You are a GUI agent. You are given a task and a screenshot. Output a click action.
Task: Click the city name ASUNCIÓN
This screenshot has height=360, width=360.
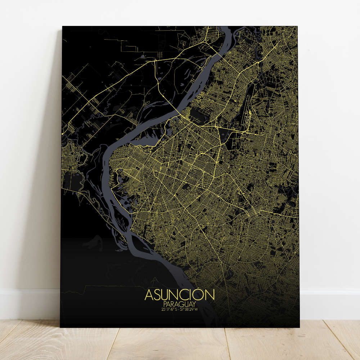[180, 295]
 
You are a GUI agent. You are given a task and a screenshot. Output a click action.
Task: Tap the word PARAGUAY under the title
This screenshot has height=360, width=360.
[180, 304]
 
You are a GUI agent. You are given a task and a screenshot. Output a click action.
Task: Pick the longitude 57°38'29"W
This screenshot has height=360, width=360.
[189, 309]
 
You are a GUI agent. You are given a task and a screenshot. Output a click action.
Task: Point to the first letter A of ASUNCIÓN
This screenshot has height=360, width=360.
[149, 295]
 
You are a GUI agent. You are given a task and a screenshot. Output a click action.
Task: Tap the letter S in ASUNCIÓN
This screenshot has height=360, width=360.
[158, 295]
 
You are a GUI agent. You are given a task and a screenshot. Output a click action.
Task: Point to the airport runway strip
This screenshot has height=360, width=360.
[248, 104]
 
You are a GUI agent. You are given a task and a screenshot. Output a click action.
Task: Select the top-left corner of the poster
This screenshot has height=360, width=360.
[63, 26]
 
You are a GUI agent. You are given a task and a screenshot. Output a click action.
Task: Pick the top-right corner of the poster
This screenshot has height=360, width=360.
[298, 26]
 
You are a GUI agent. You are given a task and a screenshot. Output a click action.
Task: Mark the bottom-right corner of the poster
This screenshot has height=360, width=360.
[299, 327]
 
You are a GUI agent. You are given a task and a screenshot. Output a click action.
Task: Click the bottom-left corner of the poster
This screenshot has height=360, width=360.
[60, 327]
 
